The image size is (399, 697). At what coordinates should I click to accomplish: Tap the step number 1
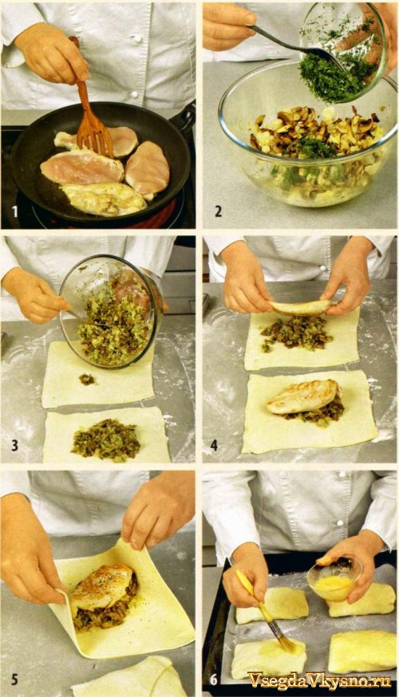[x=15, y=211]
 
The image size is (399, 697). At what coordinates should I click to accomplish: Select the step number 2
[x=218, y=211]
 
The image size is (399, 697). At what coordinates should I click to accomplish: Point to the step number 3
[x=14, y=444]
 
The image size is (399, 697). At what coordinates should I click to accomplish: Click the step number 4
[x=215, y=444]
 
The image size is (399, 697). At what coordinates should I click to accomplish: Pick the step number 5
[x=14, y=679]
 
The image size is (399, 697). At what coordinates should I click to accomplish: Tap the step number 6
[x=214, y=679]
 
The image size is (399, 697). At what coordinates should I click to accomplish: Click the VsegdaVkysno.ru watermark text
[x=319, y=680]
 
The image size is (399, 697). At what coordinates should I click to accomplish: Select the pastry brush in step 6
[x=266, y=613]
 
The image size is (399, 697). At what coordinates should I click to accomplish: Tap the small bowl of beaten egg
[x=334, y=579]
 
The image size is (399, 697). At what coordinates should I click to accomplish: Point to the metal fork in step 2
[x=297, y=47]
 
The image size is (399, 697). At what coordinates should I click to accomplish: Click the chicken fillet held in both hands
[x=302, y=308]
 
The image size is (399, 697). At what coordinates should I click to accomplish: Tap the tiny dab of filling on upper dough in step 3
[x=87, y=379]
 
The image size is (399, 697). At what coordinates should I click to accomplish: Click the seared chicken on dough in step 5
[x=102, y=586]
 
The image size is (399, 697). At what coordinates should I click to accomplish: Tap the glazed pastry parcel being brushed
[x=268, y=657]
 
